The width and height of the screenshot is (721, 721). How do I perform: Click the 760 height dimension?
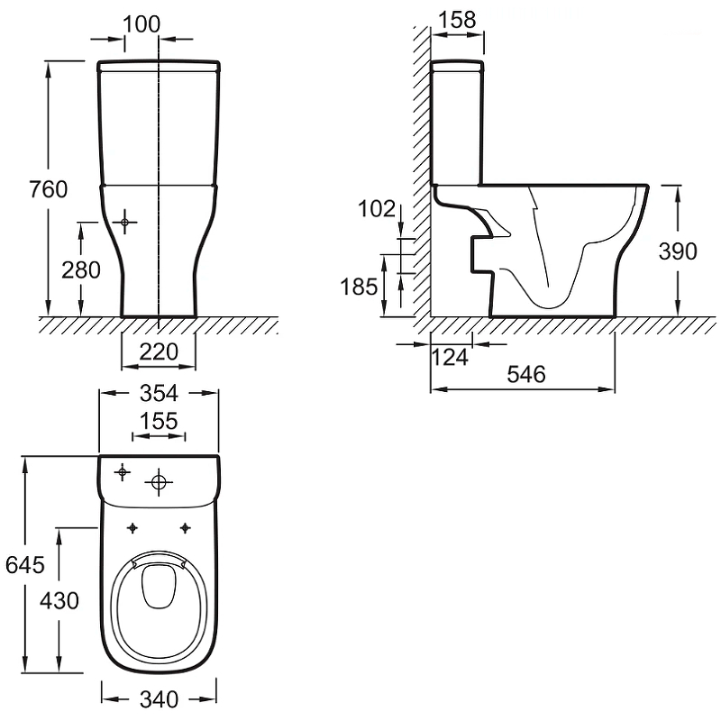49,189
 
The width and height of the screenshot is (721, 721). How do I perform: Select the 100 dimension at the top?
142,24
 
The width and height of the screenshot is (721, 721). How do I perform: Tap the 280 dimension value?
81,269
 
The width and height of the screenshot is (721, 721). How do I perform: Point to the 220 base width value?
159,351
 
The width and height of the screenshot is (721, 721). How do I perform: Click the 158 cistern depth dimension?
457,20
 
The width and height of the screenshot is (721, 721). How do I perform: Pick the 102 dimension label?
377,209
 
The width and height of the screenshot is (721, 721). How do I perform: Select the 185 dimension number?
359,287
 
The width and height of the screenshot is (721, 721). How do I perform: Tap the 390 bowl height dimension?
678,251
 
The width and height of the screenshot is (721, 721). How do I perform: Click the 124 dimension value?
450,357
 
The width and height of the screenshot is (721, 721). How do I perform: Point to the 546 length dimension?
526,374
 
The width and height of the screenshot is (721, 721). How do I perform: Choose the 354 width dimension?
159,393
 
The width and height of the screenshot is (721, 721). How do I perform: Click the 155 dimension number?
159,421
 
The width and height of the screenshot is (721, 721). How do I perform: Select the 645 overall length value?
25,565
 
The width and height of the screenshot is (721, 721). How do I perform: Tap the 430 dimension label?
59,600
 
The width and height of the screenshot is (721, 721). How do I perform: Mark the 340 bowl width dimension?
160,699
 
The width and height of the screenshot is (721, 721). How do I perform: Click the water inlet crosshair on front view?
124,223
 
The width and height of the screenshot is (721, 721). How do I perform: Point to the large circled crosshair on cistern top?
159,482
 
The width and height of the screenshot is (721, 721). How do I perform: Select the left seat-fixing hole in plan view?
132,528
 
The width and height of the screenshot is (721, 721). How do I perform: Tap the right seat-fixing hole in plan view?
185,528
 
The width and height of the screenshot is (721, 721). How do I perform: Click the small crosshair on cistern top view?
123,472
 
